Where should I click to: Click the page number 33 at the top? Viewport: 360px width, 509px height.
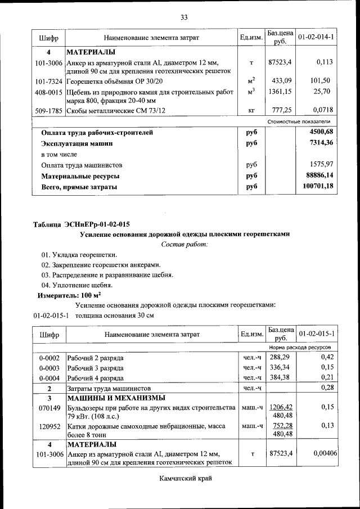coord(183,17)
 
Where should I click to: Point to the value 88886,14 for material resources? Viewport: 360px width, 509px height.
coord(318,176)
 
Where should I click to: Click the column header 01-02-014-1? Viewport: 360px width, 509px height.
coord(316,37)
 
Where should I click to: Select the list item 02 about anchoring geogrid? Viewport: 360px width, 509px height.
coord(101,265)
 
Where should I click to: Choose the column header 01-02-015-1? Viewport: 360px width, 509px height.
coord(316,334)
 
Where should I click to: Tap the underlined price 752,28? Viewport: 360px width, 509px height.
coord(281,426)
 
